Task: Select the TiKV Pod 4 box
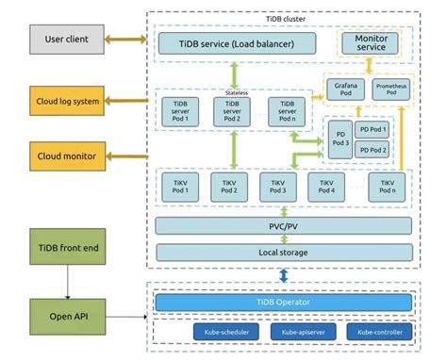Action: pos(326,186)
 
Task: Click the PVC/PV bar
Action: pos(282,226)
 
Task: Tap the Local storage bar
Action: pos(282,253)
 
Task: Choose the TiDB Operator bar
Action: pos(283,302)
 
